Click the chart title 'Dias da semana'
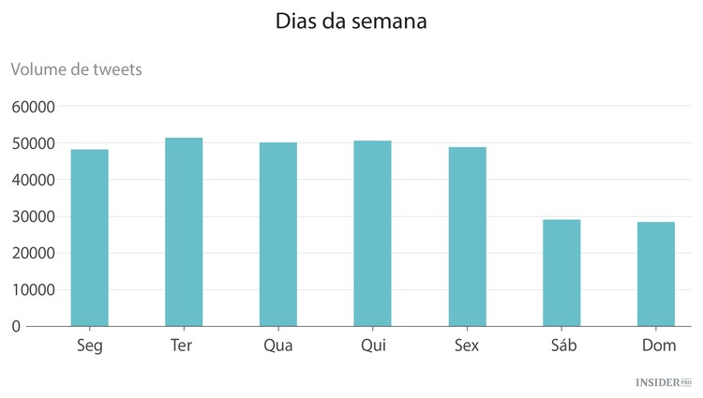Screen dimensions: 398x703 (x=351, y=22)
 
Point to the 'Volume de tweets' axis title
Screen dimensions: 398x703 (x=76, y=69)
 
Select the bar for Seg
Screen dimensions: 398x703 (x=89, y=238)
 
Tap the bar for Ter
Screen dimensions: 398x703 (x=184, y=232)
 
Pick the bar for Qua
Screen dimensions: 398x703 (x=278, y=234)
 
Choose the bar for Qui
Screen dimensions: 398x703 (x=372, y=233)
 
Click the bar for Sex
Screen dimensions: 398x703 (x=467, y=236)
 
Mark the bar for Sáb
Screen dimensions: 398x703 (x=561, y=273)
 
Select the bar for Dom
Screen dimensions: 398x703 (x=656, y=273)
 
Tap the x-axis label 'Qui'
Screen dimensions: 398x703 (x=372, y=346)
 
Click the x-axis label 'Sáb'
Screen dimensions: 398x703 (x=561, y=346)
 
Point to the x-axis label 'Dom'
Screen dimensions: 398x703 (x=659, y=346)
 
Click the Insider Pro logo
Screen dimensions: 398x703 (x=664, y=383)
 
